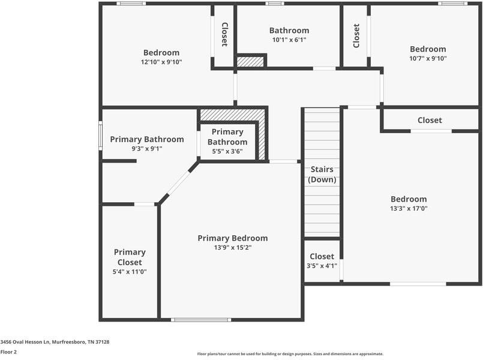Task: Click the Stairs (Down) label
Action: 322,175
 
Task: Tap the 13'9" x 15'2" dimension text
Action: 233,247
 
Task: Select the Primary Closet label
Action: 130,257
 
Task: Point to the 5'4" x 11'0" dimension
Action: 130,272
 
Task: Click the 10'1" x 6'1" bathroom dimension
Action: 289,40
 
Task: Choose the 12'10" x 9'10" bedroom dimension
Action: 161,62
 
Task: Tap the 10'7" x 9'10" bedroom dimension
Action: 428,59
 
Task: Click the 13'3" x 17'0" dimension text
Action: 409,209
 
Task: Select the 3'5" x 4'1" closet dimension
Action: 322,266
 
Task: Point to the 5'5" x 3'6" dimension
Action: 227,151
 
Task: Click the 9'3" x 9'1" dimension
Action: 147,149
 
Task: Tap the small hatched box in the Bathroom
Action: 250,61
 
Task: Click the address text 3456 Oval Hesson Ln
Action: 55,342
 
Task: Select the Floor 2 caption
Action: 8,352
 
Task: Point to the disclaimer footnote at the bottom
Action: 290,354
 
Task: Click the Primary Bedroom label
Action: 233,238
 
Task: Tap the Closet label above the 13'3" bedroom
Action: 430,121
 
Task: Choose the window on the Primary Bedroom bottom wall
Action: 201,320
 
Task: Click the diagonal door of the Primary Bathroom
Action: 178,183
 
